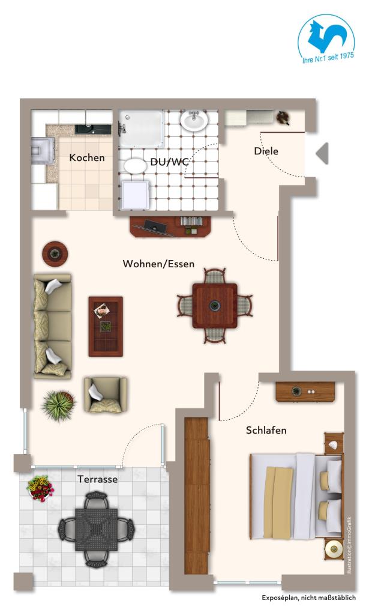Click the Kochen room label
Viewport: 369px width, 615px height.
pos(86,158)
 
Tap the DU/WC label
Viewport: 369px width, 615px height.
pos(169,162)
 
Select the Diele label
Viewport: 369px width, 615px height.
pos(266,151)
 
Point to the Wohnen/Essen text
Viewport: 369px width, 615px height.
pos(158,264)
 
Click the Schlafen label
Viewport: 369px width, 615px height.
pos(266,430)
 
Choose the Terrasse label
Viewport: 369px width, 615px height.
pos(98,479)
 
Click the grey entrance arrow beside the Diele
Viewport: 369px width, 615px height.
pos(322,153)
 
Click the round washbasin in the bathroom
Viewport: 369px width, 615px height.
pos(194,120)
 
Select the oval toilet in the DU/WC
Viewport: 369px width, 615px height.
pos(136,166)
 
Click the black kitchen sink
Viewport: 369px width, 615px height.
pos(93,129)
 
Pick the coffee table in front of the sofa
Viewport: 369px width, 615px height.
pos(106,326)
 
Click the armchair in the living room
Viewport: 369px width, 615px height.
pos(106,395)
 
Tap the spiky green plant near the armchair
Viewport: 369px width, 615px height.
pos(59,405)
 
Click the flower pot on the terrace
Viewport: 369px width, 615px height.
pos(40,488)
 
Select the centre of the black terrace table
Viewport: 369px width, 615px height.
pos(97,529)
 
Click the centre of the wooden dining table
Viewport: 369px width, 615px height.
pos(215,306)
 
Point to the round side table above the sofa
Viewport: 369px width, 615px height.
pos(55,254)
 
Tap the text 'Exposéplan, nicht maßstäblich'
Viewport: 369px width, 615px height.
pos(309,598)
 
